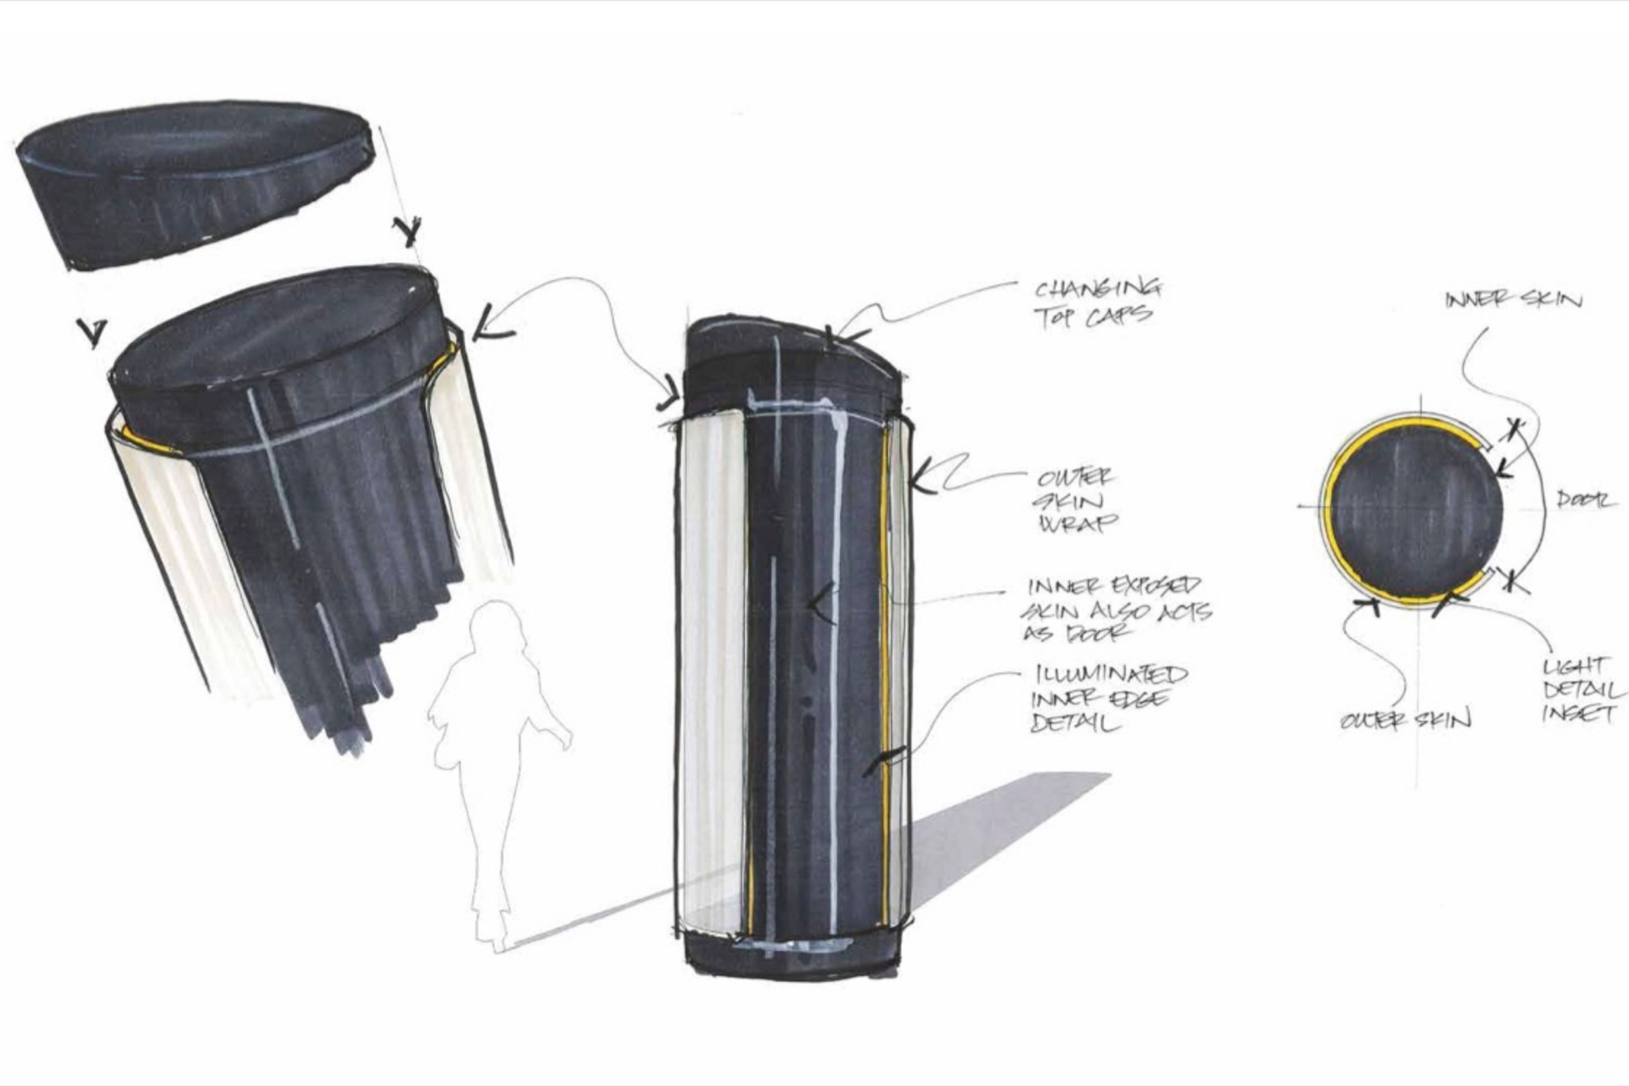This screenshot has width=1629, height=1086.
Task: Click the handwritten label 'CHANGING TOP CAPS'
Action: click(1097, 303)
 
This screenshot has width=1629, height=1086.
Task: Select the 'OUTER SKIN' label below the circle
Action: click(1405, 721)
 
